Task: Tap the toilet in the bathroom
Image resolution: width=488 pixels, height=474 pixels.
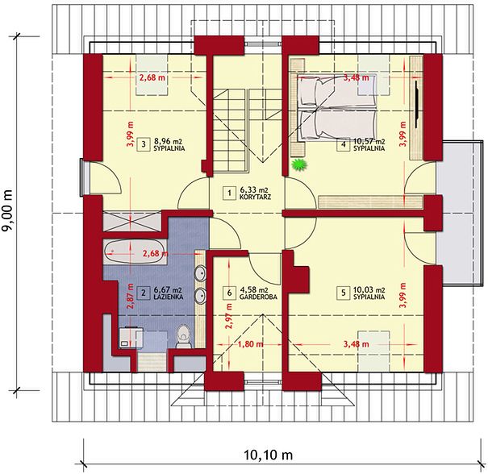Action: pos(183,336)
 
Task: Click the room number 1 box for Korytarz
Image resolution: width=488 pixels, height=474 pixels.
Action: pos(230,193)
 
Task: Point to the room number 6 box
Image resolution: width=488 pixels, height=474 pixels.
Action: pos(230,293)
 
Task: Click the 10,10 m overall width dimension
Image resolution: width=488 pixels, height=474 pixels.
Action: pos(269,455)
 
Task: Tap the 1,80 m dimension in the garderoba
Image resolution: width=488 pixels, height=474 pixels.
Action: pos(251,344)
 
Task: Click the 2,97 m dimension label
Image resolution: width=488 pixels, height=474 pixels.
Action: pos(229,317)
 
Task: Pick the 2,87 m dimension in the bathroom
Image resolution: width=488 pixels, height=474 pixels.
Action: pos(130,296)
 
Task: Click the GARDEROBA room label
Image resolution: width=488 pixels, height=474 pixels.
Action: pos(258,297)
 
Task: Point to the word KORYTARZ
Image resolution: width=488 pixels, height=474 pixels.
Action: pos(255,197)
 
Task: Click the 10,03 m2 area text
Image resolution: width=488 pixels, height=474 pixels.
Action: pos(369,289)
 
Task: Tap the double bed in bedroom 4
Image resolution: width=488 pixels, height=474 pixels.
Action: pos(338,107)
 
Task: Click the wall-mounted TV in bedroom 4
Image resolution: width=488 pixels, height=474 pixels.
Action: pos(417,104)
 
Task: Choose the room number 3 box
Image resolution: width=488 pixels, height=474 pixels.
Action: pos(143,144)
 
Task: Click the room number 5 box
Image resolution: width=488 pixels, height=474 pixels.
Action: pos(344,293)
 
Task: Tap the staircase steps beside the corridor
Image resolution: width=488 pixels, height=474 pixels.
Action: pos(231,130)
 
